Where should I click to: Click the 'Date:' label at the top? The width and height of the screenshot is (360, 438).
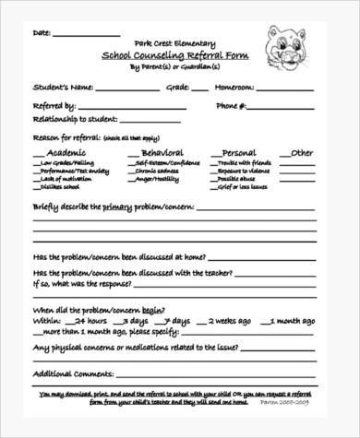coord(42,33)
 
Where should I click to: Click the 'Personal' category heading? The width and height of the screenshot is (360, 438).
coord(242,153)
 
